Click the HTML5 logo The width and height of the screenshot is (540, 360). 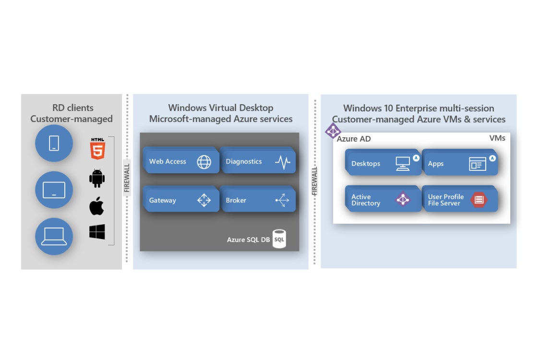[97, 148]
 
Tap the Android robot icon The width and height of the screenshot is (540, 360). [97, 179]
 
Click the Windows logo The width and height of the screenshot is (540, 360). [97, 232]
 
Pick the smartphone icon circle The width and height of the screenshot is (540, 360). [54, 143]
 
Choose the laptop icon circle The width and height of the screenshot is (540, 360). [54, 236]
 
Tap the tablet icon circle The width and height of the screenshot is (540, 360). [54, 190]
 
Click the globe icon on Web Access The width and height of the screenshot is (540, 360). [204, 162]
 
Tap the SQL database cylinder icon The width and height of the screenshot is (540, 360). [279, 239]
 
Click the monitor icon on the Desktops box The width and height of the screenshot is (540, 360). [402, 164]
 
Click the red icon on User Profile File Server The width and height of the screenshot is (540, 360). [479, 200]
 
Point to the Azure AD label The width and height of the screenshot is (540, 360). [354, 139]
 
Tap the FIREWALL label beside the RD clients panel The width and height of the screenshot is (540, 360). [127, 178]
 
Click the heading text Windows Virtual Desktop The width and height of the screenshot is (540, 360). [221, 108]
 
